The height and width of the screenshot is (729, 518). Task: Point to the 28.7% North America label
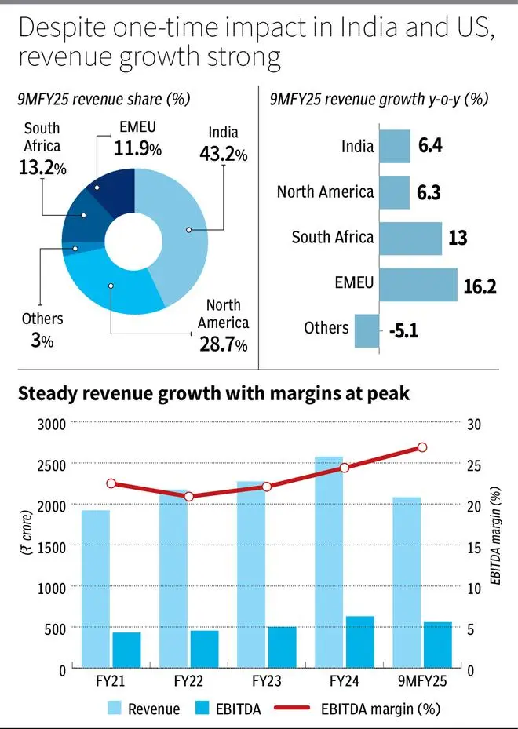point(223,344)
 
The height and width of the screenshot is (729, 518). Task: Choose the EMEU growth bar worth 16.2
point(417,285)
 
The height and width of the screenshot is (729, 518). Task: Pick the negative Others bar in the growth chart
point(366,330)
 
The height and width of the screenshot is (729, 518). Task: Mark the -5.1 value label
point(403,330)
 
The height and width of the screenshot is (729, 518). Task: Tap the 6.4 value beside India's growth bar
point(429,146)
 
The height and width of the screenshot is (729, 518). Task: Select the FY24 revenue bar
point(329,562)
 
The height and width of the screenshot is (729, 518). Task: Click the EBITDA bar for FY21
point(126,651)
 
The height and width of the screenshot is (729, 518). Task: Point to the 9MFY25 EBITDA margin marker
point(421,447)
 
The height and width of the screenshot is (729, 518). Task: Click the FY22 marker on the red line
point(188,497)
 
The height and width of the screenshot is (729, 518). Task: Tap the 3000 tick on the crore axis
point(49,424)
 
